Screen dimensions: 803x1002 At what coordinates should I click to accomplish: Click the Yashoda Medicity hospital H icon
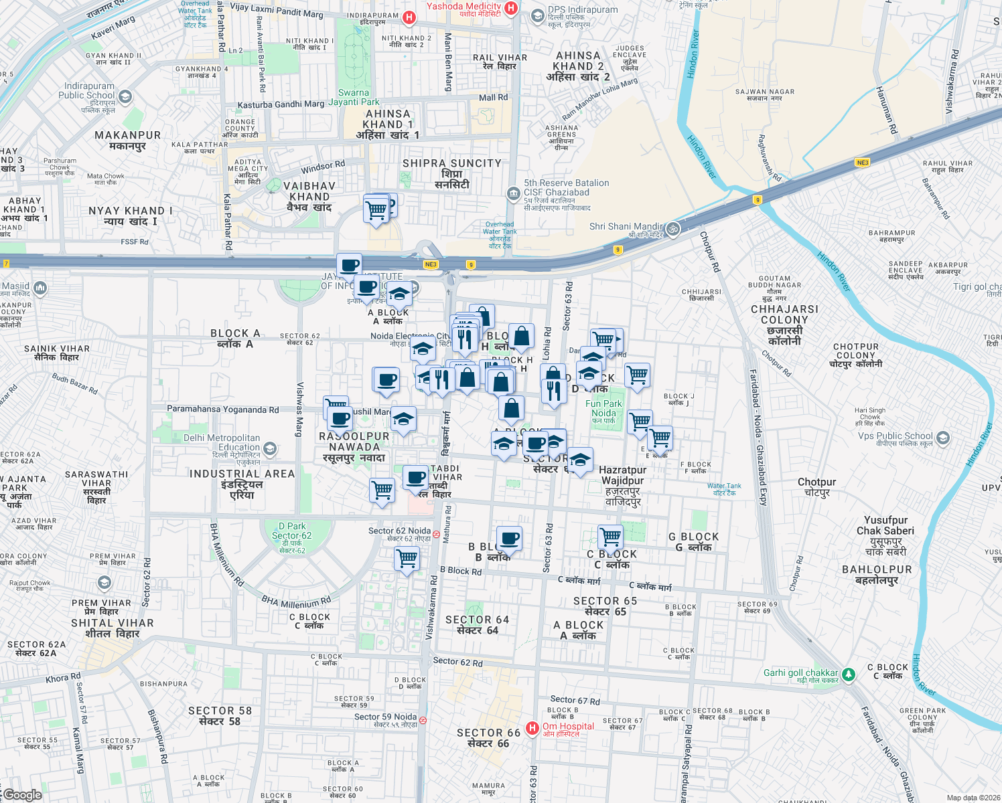click(x=511, y=8)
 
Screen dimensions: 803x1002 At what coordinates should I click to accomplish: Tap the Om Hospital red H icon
click(x=532, y=728)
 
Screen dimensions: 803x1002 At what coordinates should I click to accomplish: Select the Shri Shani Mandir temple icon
click(x=673, y=229)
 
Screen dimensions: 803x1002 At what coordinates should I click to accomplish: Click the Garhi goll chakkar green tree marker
click(x=849, y=674)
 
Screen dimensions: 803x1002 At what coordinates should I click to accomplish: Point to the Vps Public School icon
click(x=943, y=438)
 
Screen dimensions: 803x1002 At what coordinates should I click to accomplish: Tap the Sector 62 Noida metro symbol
click(x=436, y=534)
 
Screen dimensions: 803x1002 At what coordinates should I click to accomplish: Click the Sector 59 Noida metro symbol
click(x=422, y=720)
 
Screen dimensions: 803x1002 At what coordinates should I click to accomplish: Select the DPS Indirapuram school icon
click(x=537, y=15)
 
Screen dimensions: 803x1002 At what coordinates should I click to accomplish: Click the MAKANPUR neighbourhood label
click(x=127, y=141)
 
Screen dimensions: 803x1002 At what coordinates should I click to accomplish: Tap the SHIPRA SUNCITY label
click(x=451, y=163)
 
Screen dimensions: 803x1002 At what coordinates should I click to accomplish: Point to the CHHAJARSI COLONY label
click(x=784, y=325)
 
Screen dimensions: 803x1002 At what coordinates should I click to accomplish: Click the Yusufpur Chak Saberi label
click(x=885, y=535)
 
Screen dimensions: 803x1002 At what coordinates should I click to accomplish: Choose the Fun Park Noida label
click(x=603, y=409)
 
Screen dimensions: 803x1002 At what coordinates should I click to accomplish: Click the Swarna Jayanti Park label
click(x=354, y=98)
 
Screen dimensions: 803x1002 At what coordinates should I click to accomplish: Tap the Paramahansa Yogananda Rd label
click(x=222, y=410)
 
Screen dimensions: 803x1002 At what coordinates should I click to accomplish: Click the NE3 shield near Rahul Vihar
click(x=862, y=163)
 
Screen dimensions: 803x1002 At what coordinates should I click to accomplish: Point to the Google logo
click(x=23, y=795)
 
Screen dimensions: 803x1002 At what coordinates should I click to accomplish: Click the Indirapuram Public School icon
click(x=125, y=97)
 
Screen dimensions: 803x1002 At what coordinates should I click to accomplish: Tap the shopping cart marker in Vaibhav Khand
click(x=376, y=210)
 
